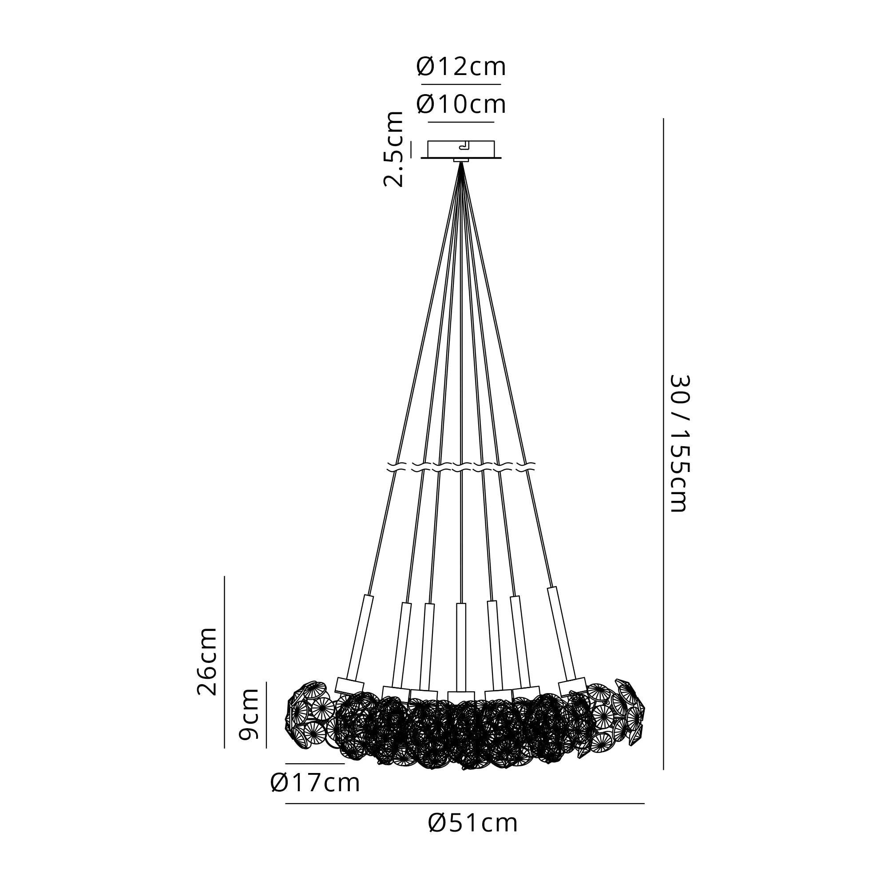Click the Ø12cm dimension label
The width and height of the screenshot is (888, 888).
coord(461,67)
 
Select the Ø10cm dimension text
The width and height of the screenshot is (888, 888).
coord(461,105)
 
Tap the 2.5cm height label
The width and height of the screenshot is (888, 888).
coord(393,148)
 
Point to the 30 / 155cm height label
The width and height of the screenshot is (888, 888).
coord(678,443)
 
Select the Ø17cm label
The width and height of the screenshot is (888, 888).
coord(315,783)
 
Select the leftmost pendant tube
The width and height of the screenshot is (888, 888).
coord(361,637)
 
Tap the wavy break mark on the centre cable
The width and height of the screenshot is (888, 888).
coord(461,467)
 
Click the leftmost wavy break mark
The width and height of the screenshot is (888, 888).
coord(396,467)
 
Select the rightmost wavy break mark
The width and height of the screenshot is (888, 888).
coord(526,467)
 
